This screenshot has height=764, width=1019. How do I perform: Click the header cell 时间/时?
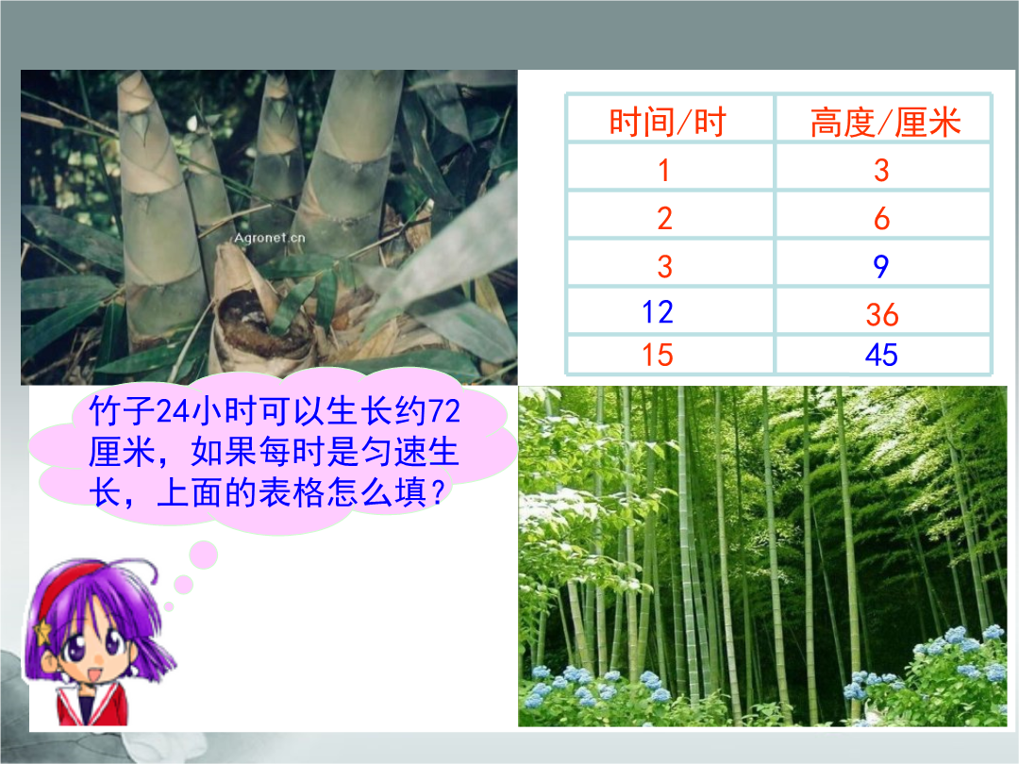[667, 122]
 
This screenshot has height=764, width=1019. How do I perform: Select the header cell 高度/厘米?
[885, 122]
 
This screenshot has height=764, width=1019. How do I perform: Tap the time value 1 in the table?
[663, 170]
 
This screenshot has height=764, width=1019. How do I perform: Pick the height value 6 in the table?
[881, 218]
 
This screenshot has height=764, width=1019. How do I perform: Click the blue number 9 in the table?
[880, 266]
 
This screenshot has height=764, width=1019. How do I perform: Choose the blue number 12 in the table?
[657, 312]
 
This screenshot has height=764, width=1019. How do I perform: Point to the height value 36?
[882, 314]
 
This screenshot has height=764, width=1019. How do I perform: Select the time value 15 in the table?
[657, 355]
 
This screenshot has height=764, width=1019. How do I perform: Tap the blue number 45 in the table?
[881, 355]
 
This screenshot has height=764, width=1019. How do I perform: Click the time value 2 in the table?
[664, 218]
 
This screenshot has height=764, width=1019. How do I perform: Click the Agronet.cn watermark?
[269, 238]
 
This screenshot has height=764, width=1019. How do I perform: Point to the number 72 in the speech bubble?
[444, 410]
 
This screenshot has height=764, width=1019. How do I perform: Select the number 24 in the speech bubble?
[173, 410]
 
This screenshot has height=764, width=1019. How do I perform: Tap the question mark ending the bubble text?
[438, 491]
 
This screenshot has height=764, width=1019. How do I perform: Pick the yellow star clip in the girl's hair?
[42, 631]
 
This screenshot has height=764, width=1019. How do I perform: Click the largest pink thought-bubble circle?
[204, 556]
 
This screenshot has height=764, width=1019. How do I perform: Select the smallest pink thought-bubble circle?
[169, 606]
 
